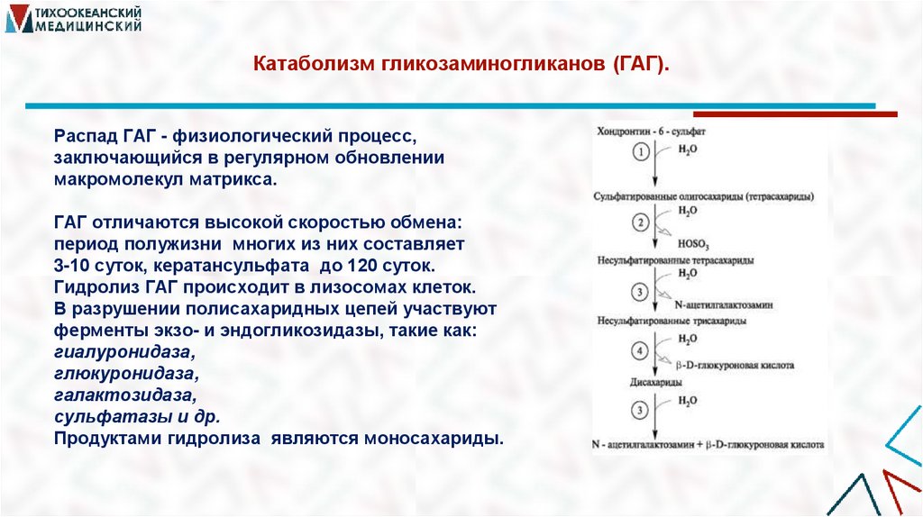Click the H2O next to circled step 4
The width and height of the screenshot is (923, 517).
tap(687, 338)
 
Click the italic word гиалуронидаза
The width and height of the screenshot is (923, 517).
tap(123, 352)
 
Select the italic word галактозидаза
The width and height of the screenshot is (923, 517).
tap(123, 395)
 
